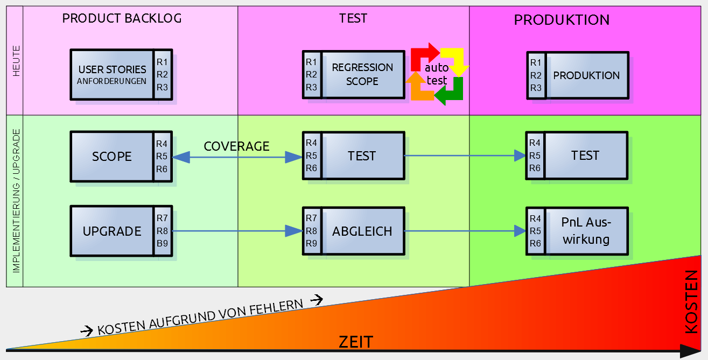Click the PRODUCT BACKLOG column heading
click(x=122, y=18)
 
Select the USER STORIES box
click(x=112, y=74)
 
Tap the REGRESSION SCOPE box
click(x=362, y=74)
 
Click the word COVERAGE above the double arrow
click(x=236, y=146)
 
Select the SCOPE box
click(x=112, y=156)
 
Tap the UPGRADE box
click(x=112, y=231)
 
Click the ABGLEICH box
click(x=362, y=231)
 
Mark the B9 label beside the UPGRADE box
click(x=163, y=243)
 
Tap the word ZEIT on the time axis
click(x=356, y=342)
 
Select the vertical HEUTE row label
click(x=16, y=60)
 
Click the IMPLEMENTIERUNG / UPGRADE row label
click(x=16, y=201)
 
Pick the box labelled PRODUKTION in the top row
click(x=586, y=75)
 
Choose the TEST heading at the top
click(x=353, y=18)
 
